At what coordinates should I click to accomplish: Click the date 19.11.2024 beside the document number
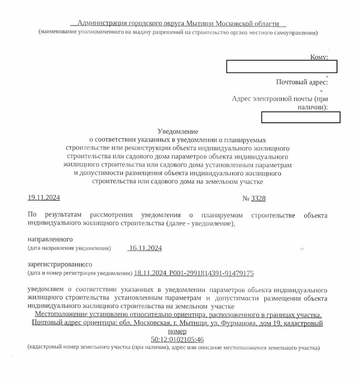coord(43,198)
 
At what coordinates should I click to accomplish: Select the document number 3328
coord(258,199)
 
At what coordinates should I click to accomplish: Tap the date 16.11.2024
coord(145,248)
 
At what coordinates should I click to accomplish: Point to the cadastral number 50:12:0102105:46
coord(177,340)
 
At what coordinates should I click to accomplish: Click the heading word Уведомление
coord(177,130)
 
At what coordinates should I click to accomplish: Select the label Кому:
coord(319,57)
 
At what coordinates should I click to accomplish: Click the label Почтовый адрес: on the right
coord(302,82)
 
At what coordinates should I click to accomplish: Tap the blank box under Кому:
coord(281,67)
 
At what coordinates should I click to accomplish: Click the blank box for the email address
coord(301,117)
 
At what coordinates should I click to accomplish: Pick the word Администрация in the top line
coord(101,24)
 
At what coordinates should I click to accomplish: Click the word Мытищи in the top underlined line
coord(200,24)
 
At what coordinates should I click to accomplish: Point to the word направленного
coord(50,238)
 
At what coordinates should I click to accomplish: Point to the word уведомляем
coord(46,289)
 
